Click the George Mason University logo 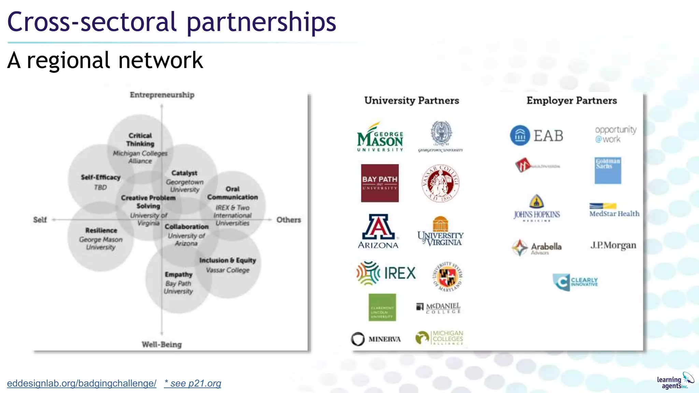coord(380,137)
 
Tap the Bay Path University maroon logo coord(380,183)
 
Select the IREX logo coord(386,273)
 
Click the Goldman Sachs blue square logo coord(608,171)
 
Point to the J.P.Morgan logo coord(613,246)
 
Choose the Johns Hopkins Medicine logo coord(537,208)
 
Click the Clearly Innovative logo coord(575,282)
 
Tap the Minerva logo coord(376,339)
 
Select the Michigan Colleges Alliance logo coord(439,338)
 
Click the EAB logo coord(537,135)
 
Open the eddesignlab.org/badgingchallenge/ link coord(82,383)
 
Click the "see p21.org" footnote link coord(192,383)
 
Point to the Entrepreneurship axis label coord(162,95)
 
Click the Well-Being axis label coord(162,345)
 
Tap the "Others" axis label coord(289,220)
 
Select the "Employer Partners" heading coord(572,101)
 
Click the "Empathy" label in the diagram coord(179,274)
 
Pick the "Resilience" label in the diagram coord(101,230)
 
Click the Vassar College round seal coord(440,184)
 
